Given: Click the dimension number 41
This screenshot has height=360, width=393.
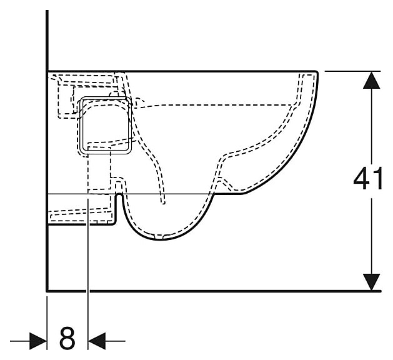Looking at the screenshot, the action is click(x=367, y=178).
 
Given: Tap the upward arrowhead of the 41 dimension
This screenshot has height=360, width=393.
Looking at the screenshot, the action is click(x=372, y=80).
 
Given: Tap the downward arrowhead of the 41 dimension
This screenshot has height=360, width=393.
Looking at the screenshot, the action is click(x=372, y=282).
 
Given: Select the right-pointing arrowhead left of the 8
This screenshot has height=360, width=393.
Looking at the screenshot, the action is click(x=38, y=341).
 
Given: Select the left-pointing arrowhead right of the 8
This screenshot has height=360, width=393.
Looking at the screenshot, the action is click(x=97, y=341).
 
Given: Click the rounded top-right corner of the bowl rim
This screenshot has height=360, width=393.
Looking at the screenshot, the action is click(x=316, y=72).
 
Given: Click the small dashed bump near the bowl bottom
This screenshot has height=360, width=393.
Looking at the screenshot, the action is click(x=225, y=182).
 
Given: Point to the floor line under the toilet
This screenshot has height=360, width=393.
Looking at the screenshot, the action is click(x=214, y=291).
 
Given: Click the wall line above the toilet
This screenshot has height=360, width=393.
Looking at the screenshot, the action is click(x=47, y=41).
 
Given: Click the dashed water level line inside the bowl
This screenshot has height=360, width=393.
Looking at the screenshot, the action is click(x=216, y=105).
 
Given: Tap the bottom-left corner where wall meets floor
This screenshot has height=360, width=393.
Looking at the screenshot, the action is click(x=47, y=291).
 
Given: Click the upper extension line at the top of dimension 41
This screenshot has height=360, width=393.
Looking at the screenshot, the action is click(x=352, y=71).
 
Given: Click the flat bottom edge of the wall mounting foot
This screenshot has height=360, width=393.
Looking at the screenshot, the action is click(x=81, y=224).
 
